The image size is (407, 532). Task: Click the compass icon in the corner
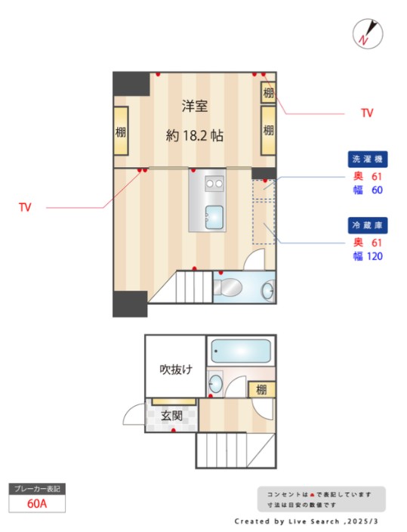[368, 33]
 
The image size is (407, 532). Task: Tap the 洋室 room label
[194, 107]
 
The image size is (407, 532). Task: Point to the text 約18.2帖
[194, 136]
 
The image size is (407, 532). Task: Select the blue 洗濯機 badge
[367, 159]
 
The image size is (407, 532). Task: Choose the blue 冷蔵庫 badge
[367, 226]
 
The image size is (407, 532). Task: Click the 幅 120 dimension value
[368, 256]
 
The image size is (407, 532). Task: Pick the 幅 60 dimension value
[368, 190]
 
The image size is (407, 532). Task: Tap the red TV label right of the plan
[367, 113]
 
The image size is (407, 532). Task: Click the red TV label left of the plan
[25, 207]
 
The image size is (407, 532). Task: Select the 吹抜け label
[175, 370]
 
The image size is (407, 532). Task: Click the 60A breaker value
[37, 503]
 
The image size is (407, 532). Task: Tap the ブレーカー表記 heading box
[37, 488]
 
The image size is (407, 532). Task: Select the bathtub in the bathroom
[240, 351]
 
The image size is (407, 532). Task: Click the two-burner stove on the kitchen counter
[214, 183]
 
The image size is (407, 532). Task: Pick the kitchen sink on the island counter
[214, 218]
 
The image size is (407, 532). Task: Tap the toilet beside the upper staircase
[227, 288]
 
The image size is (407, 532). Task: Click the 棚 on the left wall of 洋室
[121, 131]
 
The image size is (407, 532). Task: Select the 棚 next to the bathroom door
[261, 390]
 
